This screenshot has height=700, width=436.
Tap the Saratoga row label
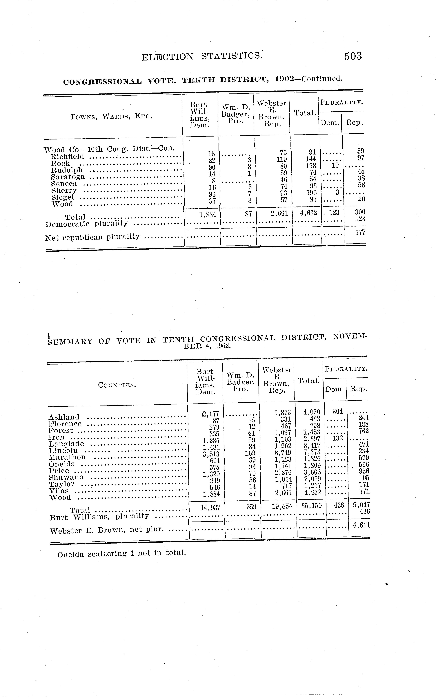pos(68,177)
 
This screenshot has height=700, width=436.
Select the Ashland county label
pos(64,417)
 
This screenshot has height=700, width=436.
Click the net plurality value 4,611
pos(361,525)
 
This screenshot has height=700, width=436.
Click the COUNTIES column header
pos(117,385)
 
